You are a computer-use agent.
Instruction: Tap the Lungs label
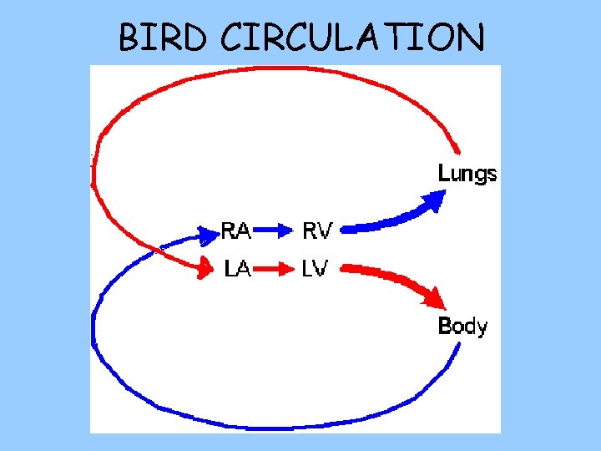[x=467, y=175]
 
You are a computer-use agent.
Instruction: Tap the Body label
[x=463, y=326]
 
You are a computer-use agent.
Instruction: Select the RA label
[x=235, y=230]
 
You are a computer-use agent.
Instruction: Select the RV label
[x=316, y=230]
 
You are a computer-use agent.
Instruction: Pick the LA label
[x=237, y=269]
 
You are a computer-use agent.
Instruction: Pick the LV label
[x=315, y=269]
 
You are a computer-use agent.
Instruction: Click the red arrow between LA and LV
[x=274, y=269]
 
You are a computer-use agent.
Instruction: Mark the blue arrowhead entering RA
[x=207, y=231]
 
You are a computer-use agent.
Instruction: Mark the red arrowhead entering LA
[x=205, y=269]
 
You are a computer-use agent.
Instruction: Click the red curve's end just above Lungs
[x=457, y=149]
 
